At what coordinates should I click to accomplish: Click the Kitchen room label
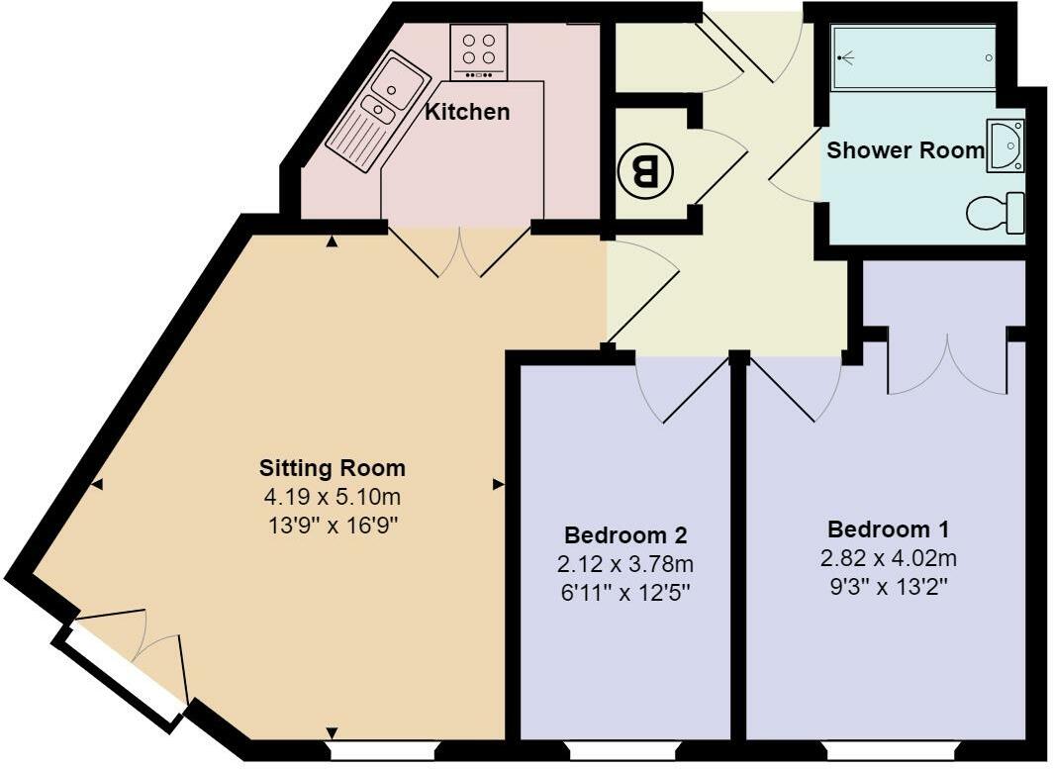[x=467, y=112]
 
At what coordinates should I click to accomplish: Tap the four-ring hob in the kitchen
[x=479, y=52]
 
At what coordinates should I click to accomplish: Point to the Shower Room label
[x=906, y=150]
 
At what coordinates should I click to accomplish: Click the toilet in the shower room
[x=995, y=212]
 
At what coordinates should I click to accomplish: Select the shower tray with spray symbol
[x=913, y=58]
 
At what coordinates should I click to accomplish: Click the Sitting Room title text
[x=332, y=468]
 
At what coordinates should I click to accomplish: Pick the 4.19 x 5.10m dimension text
[x=332, y=496]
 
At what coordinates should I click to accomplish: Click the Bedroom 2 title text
[x=625, y=535]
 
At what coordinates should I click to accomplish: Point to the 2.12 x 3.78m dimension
[x=625, y=564]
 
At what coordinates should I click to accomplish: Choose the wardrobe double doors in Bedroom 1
[x=947, y=364]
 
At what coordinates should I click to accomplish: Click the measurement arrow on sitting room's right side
[x=499, y=484]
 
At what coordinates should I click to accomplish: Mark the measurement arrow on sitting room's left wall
[x=97, y=484]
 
